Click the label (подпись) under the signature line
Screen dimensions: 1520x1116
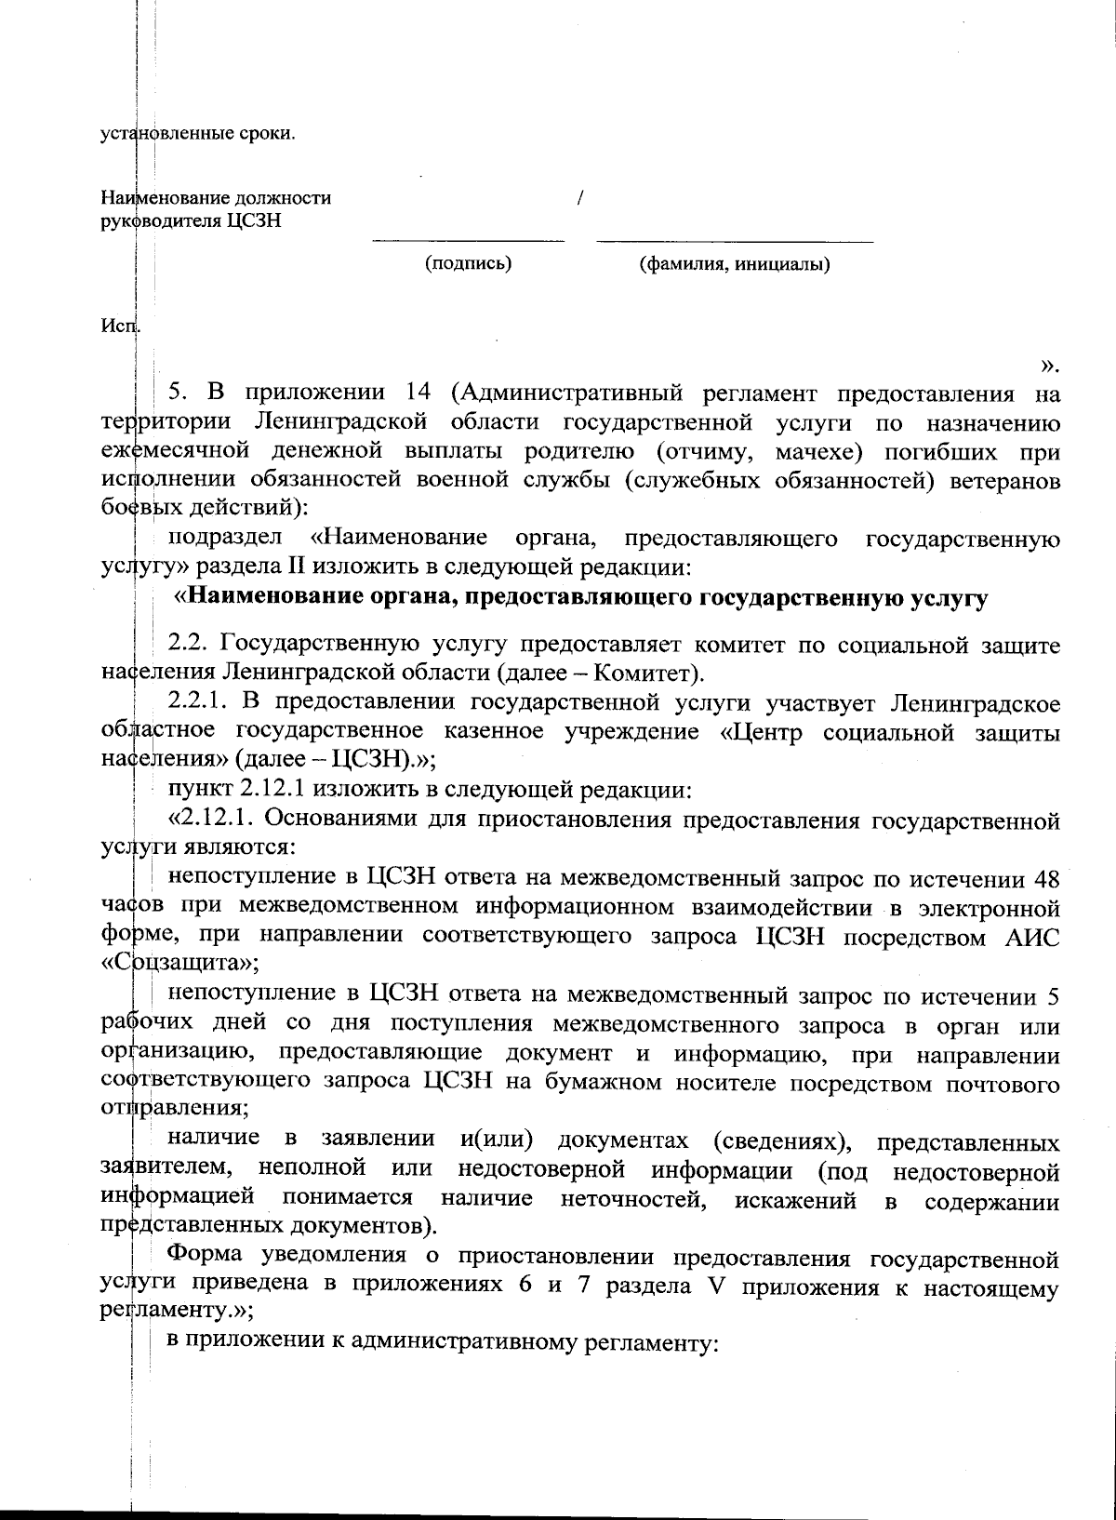[x=468, y=263]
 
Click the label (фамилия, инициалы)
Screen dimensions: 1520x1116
[x=735, y=264]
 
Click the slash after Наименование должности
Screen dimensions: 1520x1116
[x=580, y=198]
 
